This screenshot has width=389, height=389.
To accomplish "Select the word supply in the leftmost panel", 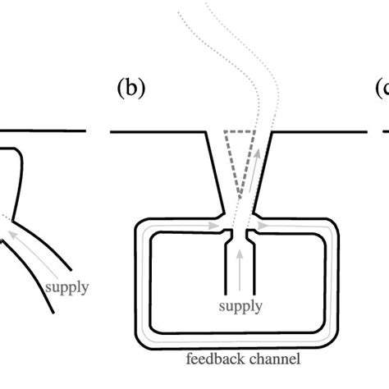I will tap(68, 287).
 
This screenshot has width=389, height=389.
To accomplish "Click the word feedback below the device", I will tap(212, 358).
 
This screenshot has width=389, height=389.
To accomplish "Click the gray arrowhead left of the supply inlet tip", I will tap(216, 223).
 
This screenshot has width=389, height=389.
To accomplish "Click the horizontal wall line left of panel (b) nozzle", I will tap(156, 131).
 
